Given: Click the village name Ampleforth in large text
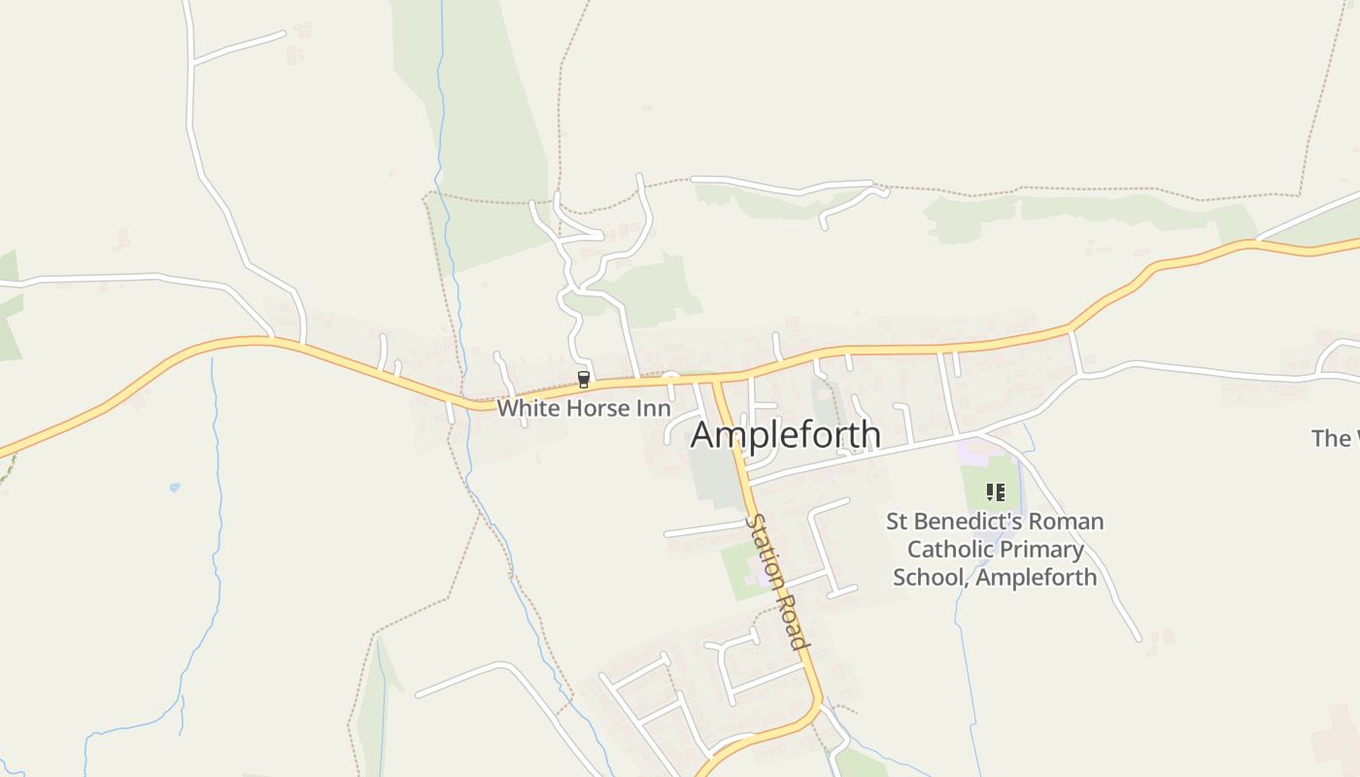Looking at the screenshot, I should click(785, 435).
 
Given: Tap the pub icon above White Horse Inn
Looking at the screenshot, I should click(584, 379).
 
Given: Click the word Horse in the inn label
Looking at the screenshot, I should click(597, 408).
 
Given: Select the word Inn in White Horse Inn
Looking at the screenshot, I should click(654, 408).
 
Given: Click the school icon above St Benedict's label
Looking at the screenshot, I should click(995, 492).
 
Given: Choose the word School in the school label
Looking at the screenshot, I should click(930, 578).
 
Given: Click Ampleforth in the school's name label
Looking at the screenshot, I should click(1037, 578).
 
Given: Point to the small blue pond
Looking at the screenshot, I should click(174, 487).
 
